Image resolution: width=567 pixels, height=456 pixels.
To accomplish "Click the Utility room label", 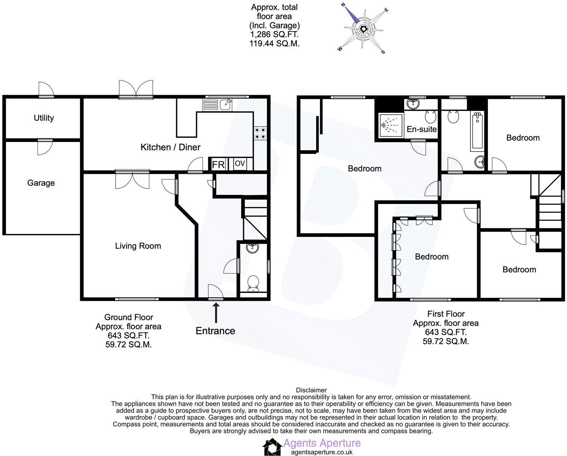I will tap(44, 118).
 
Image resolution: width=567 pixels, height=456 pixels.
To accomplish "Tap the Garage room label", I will tap(41, 183).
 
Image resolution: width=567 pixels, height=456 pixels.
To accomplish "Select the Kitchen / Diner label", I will tap(170, 147).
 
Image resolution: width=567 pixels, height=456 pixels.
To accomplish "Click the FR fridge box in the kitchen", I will tap(218, 165).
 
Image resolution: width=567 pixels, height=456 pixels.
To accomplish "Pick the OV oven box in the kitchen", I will tap(240, 164).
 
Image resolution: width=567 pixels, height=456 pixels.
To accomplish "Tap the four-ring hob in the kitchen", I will tap(260, 133).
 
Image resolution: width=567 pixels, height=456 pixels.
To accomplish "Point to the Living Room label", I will tap(138, 246).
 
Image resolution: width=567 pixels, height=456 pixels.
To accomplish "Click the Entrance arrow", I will tap(215, 313).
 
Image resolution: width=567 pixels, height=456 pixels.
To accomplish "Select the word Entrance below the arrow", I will tap(215, 331).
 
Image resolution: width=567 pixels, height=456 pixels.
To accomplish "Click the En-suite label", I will tap(422, 129).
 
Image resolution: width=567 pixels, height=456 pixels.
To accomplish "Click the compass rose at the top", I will tap(363, 29).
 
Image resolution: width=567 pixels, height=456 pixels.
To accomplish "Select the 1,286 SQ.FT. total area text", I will tap(274, 35).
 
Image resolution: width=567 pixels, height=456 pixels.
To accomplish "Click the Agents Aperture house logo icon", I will tap(272, 447).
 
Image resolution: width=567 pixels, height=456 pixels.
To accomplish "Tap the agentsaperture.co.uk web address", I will tap(321, 452).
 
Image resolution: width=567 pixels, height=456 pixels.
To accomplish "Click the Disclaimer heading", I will tap(311, 390).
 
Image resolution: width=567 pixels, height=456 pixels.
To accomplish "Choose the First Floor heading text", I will tap(446, 314).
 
